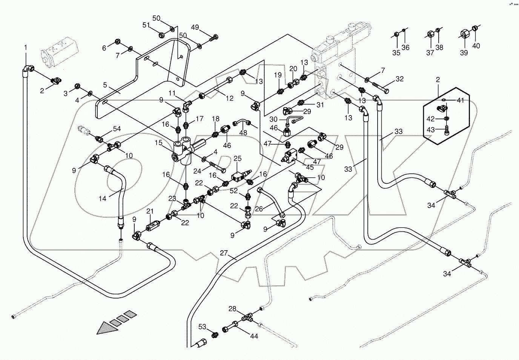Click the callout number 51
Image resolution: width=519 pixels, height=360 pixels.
146,25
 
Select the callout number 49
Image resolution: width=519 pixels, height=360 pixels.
195,27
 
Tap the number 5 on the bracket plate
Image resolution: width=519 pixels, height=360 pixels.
106,85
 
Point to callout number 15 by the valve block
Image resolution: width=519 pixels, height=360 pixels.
159,143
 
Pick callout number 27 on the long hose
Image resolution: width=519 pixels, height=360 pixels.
224,253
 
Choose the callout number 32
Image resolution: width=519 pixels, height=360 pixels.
399,79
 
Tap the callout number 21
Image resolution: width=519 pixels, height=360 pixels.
150,211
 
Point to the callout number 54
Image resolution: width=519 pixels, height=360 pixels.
117,129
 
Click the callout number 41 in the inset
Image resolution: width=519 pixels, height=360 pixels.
460,100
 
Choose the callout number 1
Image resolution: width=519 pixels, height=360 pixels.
26,48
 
